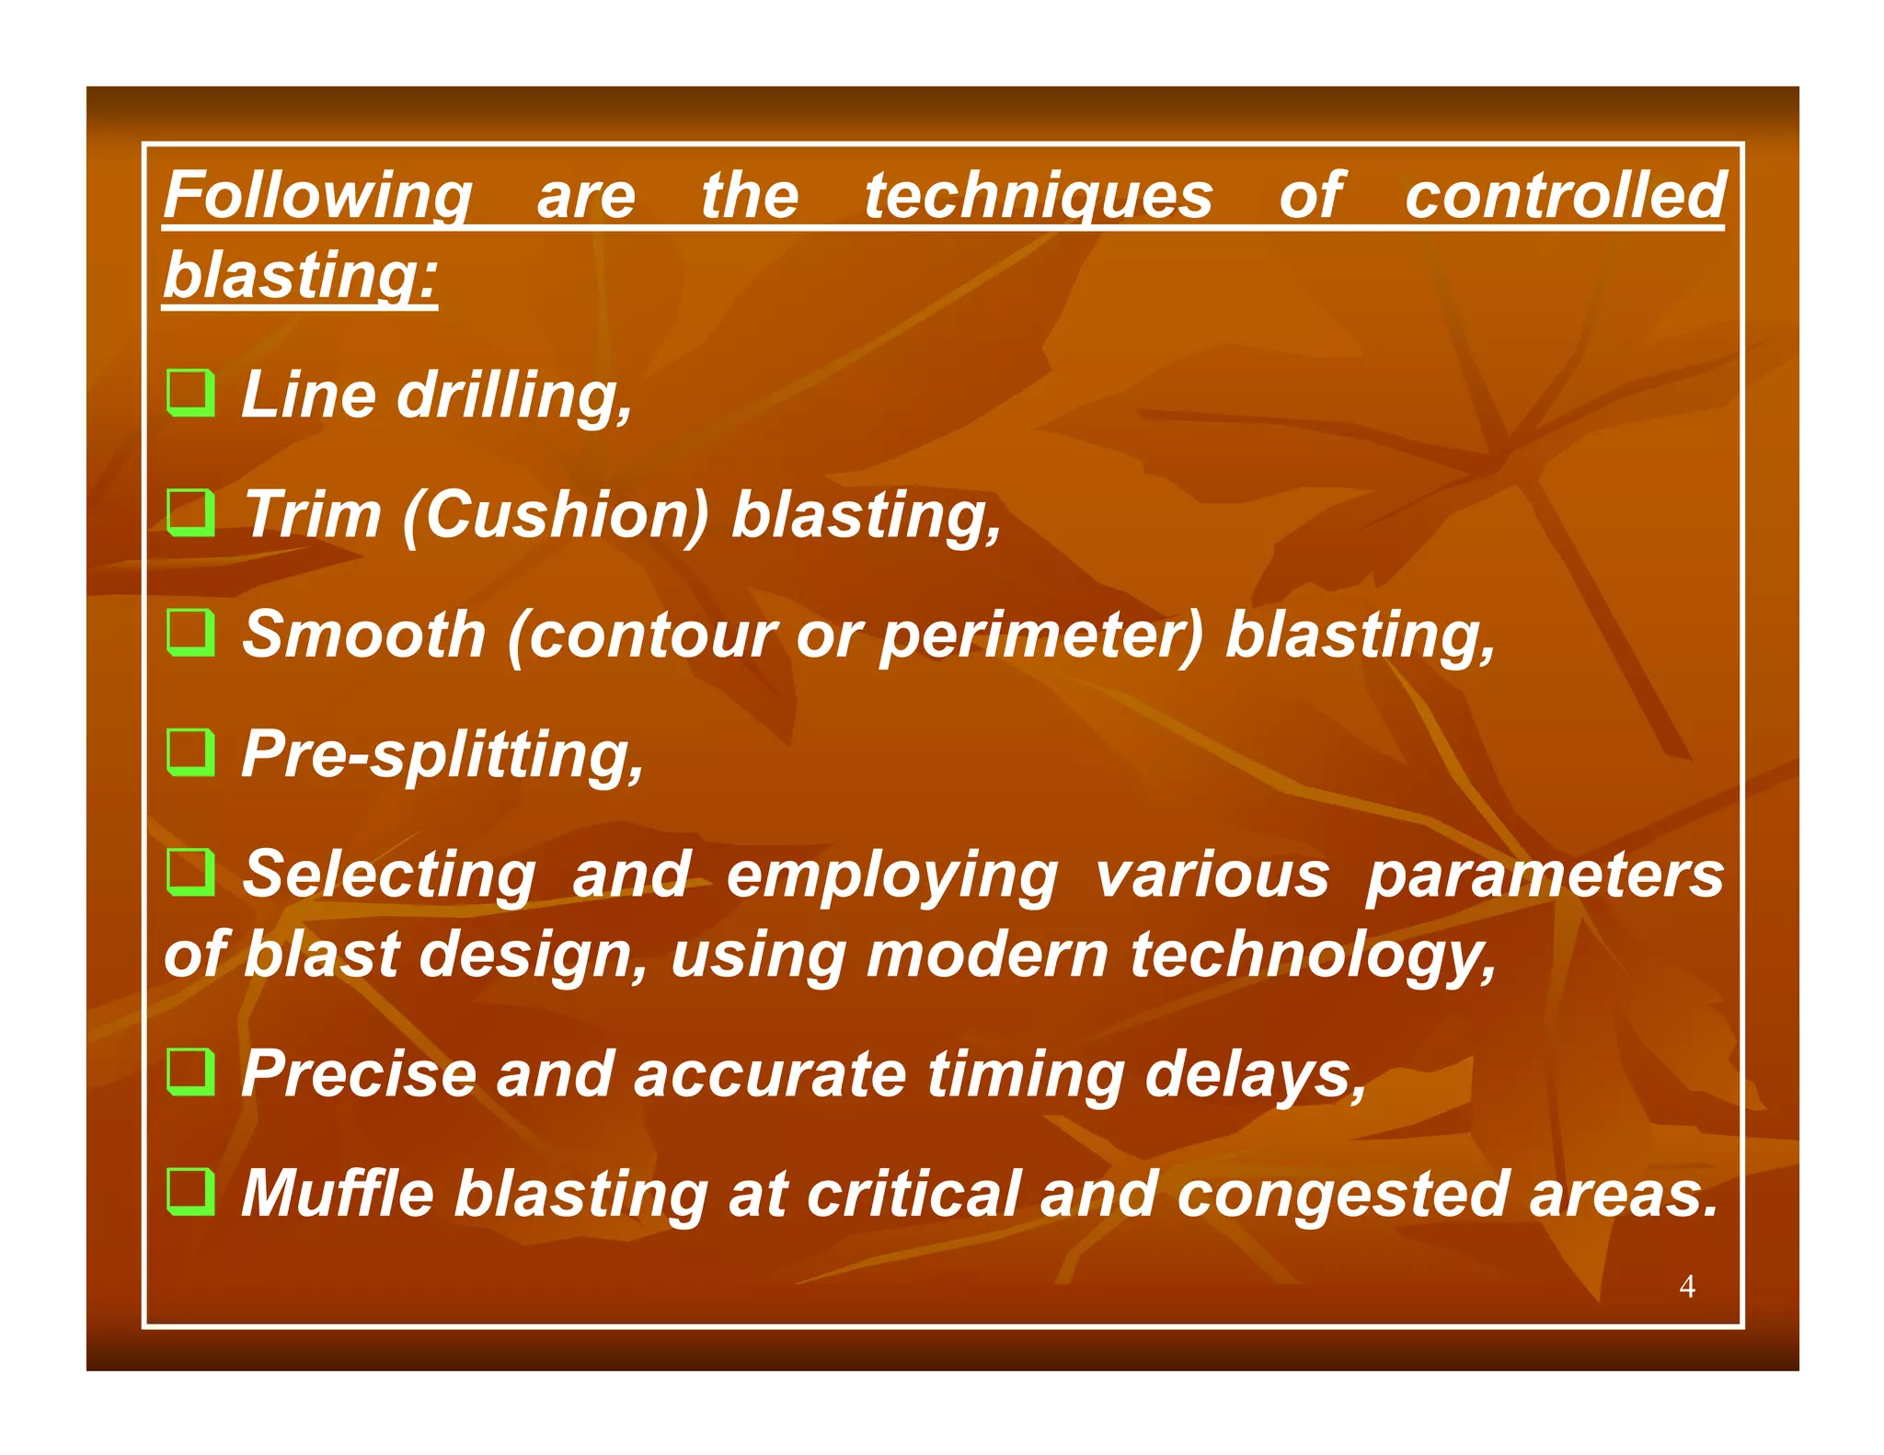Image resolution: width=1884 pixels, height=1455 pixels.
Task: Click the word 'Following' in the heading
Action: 317,197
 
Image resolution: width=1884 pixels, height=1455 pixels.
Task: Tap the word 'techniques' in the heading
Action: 1038,197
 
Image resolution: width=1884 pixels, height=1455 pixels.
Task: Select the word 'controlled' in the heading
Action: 1564,197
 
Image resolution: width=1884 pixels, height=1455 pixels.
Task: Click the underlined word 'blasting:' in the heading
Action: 300,276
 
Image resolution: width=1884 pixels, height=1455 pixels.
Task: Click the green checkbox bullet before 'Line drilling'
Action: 191,393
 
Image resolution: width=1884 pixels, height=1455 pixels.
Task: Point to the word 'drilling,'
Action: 515,395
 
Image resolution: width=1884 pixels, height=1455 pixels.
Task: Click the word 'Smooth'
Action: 363,635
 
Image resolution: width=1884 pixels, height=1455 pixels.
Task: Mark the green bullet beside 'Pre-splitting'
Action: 191,751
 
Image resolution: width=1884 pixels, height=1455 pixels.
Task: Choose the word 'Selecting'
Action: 388,876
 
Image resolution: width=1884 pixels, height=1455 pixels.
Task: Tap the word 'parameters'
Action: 1544,876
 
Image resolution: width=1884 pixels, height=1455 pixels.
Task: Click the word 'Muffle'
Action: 337,1194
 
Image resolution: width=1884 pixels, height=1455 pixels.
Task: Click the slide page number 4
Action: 1686,1286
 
